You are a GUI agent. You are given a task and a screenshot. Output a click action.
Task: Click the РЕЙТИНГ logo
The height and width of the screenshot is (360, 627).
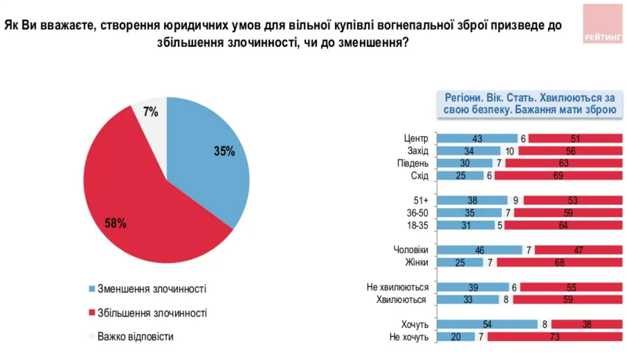pyautogui.click(x=603, y=24)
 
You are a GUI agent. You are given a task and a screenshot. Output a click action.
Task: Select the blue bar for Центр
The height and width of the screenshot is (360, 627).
pyautogui.click(x=477, y=138)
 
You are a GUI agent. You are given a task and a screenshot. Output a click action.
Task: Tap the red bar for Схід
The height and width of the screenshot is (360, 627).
pyautogui.click(x=558, y=176)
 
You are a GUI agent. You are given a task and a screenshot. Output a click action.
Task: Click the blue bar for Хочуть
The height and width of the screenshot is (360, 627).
pyautogui.click(x=487, y=325)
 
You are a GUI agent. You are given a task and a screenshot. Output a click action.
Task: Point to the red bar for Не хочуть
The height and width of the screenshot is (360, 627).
pyautogui.click(x=555, y=337)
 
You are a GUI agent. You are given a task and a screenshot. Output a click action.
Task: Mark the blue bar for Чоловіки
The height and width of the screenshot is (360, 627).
pyautogui.click(x=479, y=250)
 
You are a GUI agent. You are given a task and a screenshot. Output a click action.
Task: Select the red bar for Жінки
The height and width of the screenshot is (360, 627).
pyautogui.click(x=559, y=263)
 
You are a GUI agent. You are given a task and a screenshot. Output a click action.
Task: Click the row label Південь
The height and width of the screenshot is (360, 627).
pyautogui.click(x=413, y=163)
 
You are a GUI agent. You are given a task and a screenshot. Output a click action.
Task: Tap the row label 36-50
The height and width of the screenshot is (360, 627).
pyautogui.click(x=417, y=213)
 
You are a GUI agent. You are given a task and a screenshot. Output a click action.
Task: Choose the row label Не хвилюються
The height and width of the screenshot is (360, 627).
pyautogui.click(x=397, y=287)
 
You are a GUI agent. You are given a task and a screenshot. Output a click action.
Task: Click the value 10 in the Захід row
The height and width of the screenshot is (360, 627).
pyautogui.click(x=509, y=151)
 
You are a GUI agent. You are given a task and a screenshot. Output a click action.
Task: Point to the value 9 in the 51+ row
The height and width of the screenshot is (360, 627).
pyautogui.click(x=516, y=200)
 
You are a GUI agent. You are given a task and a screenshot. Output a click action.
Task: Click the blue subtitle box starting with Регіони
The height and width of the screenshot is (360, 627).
pyautogui.click(x=530, y=104)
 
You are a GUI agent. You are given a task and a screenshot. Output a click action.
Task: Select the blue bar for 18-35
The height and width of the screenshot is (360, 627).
pyautogui.click(x=466, y=225)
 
